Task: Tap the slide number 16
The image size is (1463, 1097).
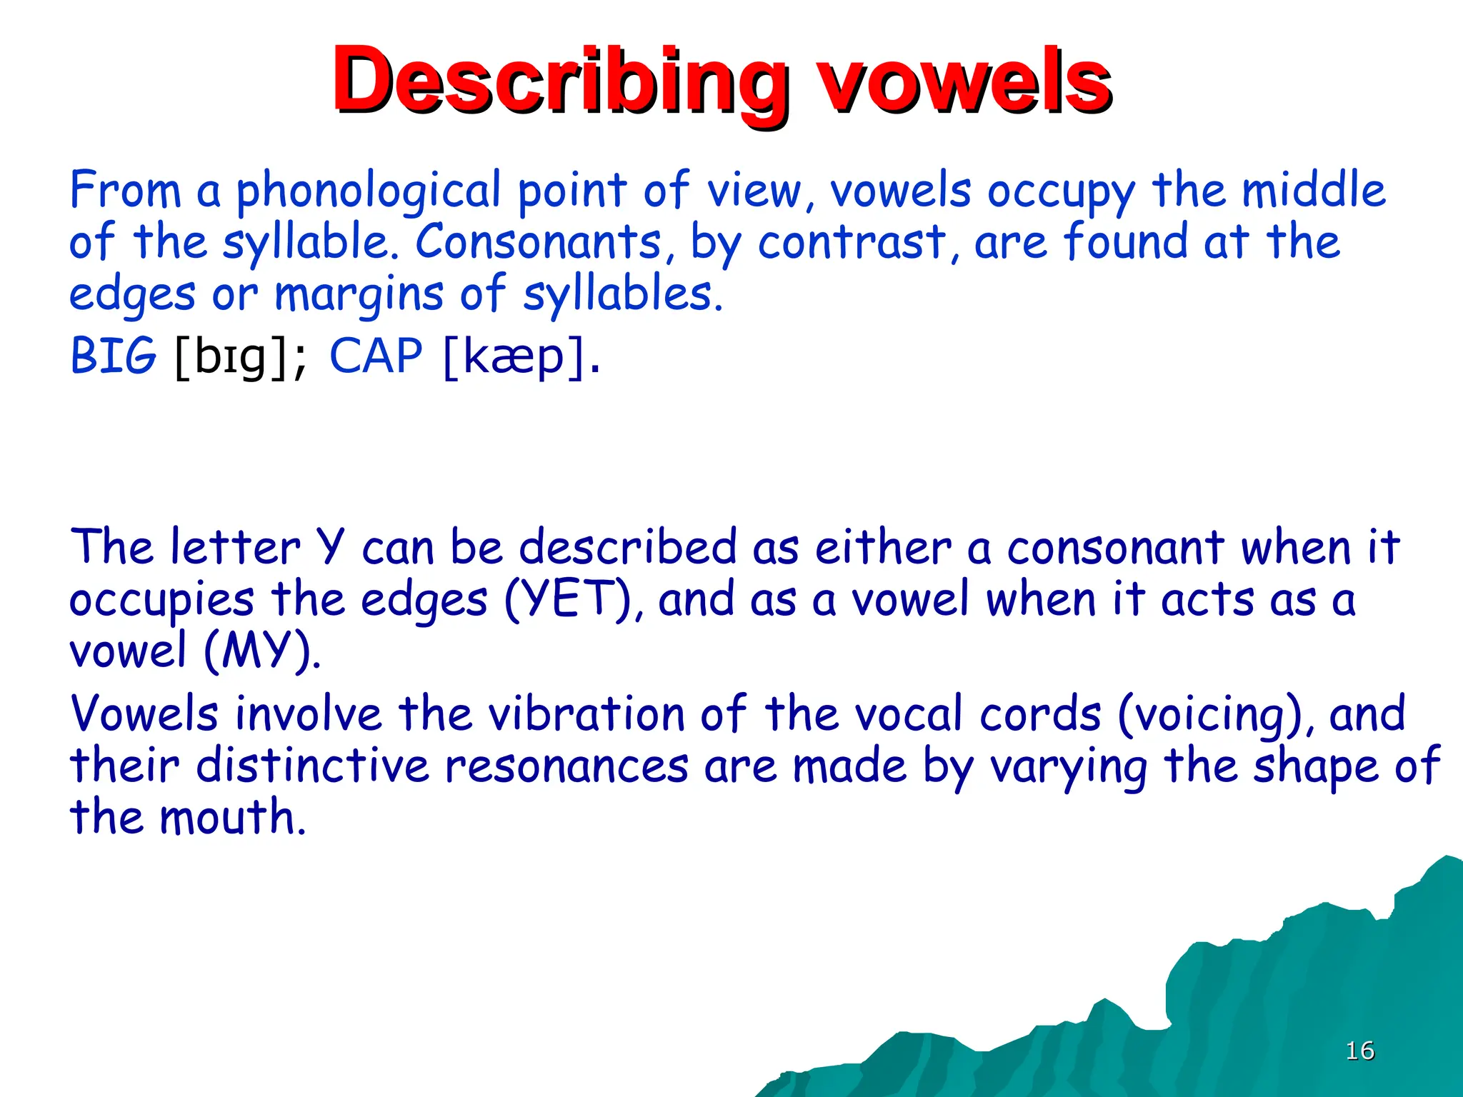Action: [1359, 1051]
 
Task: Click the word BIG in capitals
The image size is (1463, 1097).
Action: [112, 356]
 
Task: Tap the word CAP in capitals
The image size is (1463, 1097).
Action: [376, 356]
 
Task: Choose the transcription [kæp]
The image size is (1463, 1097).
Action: [521, 357]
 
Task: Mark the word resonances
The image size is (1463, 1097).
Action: [566, 766]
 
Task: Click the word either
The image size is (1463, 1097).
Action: [883, 548]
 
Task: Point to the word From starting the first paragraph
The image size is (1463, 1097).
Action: [125, 191]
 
